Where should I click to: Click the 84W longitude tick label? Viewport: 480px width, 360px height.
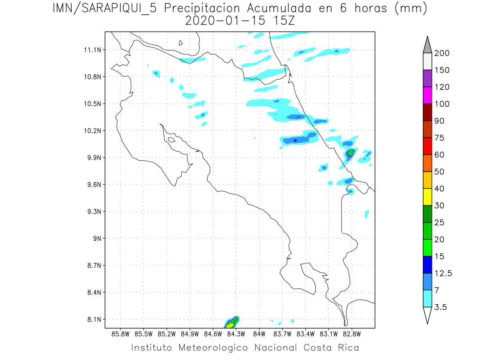point(260,333)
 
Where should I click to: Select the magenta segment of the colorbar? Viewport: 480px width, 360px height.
point(427,95)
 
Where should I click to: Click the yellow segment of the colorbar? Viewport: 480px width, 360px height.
point(427,197)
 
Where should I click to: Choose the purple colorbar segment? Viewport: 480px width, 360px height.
point(427,78)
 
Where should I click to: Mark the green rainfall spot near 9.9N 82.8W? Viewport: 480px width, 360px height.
point(351,152)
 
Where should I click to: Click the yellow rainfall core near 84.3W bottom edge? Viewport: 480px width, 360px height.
point(229,325)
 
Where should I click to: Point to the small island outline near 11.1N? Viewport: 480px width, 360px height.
point(181,43)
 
